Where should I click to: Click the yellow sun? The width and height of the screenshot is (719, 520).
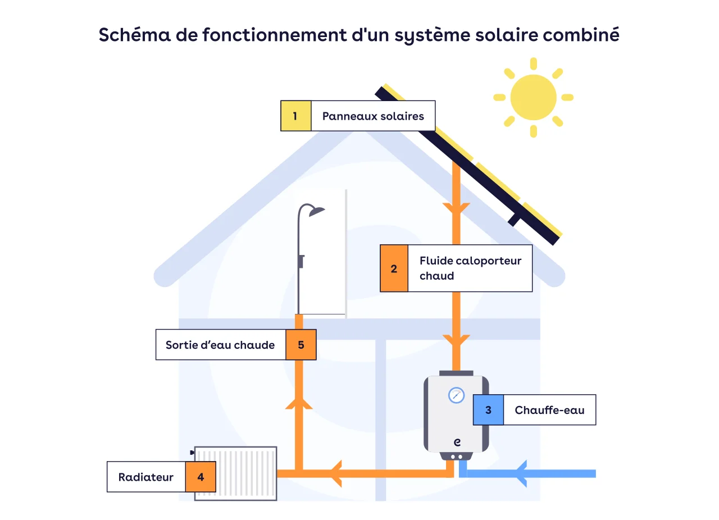coord(533,97)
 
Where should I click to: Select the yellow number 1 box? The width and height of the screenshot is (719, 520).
coord(295,116)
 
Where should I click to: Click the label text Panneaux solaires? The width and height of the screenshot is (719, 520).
coord(373,116)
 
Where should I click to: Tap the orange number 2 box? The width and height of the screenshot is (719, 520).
coord(394,268)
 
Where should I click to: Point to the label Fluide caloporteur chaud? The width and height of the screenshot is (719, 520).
coord(470,268)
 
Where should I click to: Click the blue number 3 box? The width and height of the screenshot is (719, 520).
coord(488,410)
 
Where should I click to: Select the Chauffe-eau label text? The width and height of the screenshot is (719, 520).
coord(549,410)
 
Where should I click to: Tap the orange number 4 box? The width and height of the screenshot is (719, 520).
coord(201,477)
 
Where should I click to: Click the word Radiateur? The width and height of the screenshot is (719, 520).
coord(145,477)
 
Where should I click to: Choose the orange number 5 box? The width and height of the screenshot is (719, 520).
coord(301,345)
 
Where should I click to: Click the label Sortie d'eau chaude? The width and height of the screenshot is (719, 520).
coord(220,345)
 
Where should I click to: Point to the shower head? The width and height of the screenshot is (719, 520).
coord(317,211)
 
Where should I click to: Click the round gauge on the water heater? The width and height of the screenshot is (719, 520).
coord(456,395)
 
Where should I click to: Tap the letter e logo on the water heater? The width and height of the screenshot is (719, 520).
coord(456,442)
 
